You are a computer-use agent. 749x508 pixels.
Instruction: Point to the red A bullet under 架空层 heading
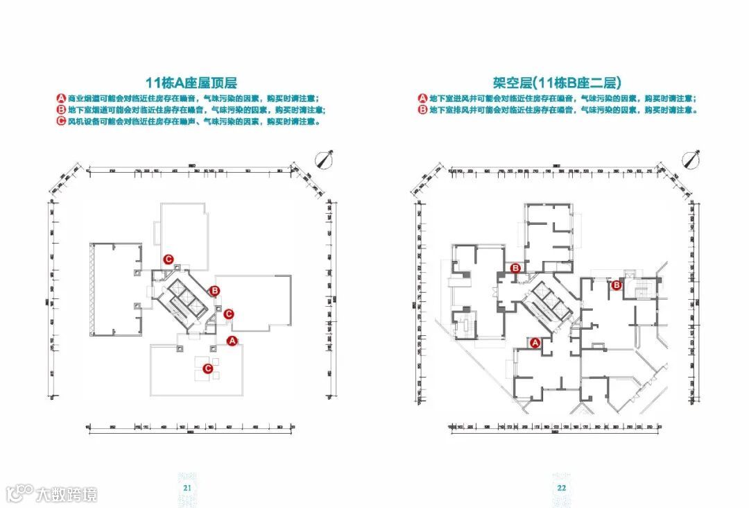click(422, 98)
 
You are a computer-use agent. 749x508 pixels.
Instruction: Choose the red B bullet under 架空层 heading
click(422, 110)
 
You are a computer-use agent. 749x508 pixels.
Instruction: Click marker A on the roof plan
click(233, 340)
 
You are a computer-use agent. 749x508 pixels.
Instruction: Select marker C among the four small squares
click(207, 369)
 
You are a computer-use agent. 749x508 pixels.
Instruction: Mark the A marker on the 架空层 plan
click(535, 342)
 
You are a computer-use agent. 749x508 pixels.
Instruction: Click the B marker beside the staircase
click(617, 284)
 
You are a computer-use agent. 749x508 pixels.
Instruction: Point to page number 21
click(187, 488)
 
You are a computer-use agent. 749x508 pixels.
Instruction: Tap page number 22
click(562, 488)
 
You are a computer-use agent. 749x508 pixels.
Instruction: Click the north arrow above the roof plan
click(323, 160)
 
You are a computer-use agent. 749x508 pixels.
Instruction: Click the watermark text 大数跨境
click(67, 494)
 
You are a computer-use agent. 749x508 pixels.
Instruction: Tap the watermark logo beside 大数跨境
click(19, 493)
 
